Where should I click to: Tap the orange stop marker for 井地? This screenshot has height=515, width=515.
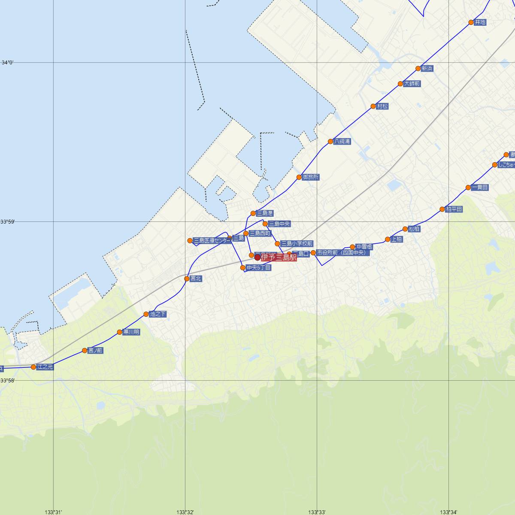coord(471,22)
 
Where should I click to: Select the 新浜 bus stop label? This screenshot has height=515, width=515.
coord(427,69)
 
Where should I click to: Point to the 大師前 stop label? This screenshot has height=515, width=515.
coord(412,84)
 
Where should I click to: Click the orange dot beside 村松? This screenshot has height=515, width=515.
coord(373,106)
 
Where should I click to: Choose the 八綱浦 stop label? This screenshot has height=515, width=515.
coord(342,141)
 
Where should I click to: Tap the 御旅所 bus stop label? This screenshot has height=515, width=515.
coord(311,177)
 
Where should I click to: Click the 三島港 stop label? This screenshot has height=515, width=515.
coord(264,213)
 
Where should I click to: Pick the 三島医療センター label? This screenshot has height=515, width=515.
coord(212,240)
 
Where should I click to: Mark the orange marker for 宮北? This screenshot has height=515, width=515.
coord(187,279)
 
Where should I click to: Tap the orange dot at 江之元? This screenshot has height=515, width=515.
coord(33,367)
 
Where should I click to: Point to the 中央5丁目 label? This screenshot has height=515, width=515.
coord(259,268)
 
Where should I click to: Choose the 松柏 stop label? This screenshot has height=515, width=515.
coord(414,229)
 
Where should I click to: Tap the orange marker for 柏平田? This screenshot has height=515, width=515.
coord(442,209)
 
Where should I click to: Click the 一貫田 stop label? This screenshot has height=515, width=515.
coord(479,188)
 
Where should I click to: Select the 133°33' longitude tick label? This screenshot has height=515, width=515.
coord(317,512)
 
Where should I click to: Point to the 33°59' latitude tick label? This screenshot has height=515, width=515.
coord(7,221)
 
